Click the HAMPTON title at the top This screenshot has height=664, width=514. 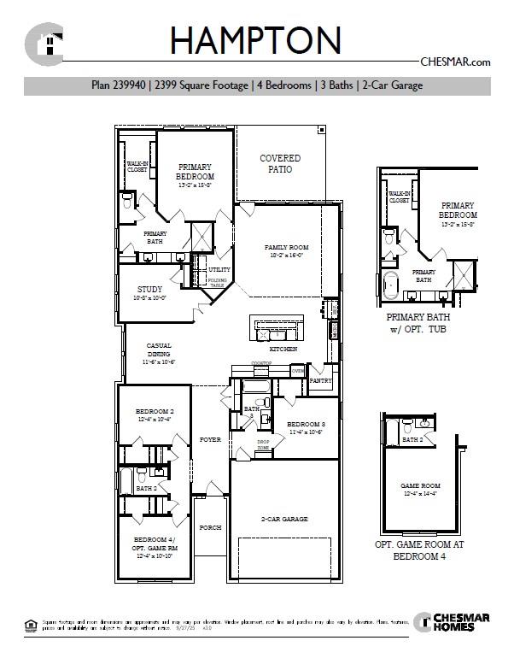click(256, 40)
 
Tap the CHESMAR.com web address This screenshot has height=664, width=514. click(455, 62)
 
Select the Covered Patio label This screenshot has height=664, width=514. click(280, 164)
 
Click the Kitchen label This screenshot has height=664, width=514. click(283, 350)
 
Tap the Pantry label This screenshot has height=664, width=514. click(320, 380)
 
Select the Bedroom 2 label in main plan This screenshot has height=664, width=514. click(155, 414)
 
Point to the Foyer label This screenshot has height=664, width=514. click(210, 439)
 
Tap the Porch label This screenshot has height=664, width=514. click(210, 527)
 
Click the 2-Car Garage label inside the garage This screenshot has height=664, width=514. click(284, 519)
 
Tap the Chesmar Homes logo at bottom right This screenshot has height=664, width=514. click(452, 623)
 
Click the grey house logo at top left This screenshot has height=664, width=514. click(44, 44)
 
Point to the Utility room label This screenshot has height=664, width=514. click(219, 269)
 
